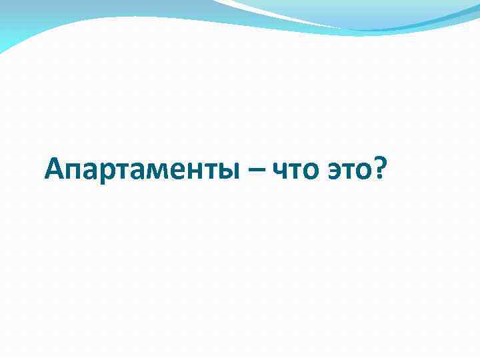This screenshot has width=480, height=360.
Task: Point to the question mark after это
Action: [380, 169]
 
